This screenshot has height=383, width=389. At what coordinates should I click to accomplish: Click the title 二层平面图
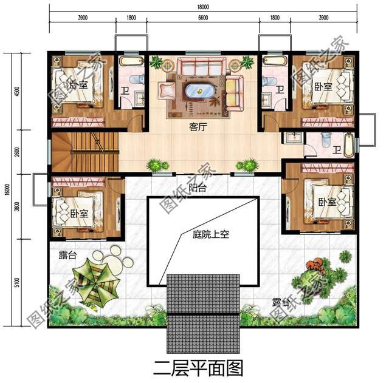(x=195, y=367)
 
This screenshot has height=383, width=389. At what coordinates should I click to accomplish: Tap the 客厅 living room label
(x=196, y=127)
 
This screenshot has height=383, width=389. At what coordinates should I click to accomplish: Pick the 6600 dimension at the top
(x=203, y=18)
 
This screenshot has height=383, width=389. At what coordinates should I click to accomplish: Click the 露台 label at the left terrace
(x=67, y=256)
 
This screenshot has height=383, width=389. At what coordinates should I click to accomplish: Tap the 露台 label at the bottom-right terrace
(x=280, y=302)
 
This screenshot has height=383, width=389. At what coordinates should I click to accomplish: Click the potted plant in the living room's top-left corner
(x=156, y=62)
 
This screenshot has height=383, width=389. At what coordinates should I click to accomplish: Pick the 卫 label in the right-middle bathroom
(x=337, y=149)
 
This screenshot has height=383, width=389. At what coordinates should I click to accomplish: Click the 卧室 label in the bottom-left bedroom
(x=78, y=213)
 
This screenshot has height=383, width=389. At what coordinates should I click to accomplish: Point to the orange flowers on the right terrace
(x=315, y=265)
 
